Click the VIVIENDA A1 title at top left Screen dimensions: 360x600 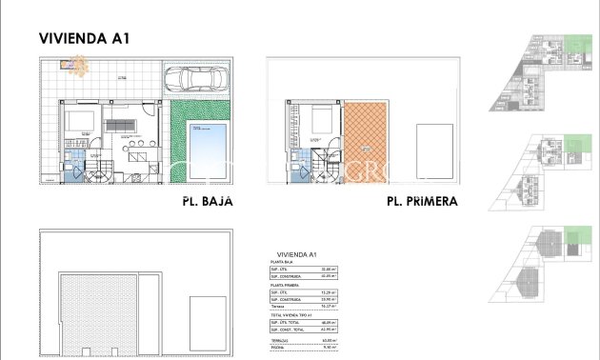(84, 39)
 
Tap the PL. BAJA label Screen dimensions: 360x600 (207, 202)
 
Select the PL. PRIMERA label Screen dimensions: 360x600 (422, 202)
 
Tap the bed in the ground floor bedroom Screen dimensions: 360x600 (76, 122)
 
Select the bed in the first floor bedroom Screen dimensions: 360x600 (320, 121)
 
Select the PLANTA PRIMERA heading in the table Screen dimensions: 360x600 (288, 284)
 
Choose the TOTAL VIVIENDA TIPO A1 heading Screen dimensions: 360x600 (294, 314)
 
